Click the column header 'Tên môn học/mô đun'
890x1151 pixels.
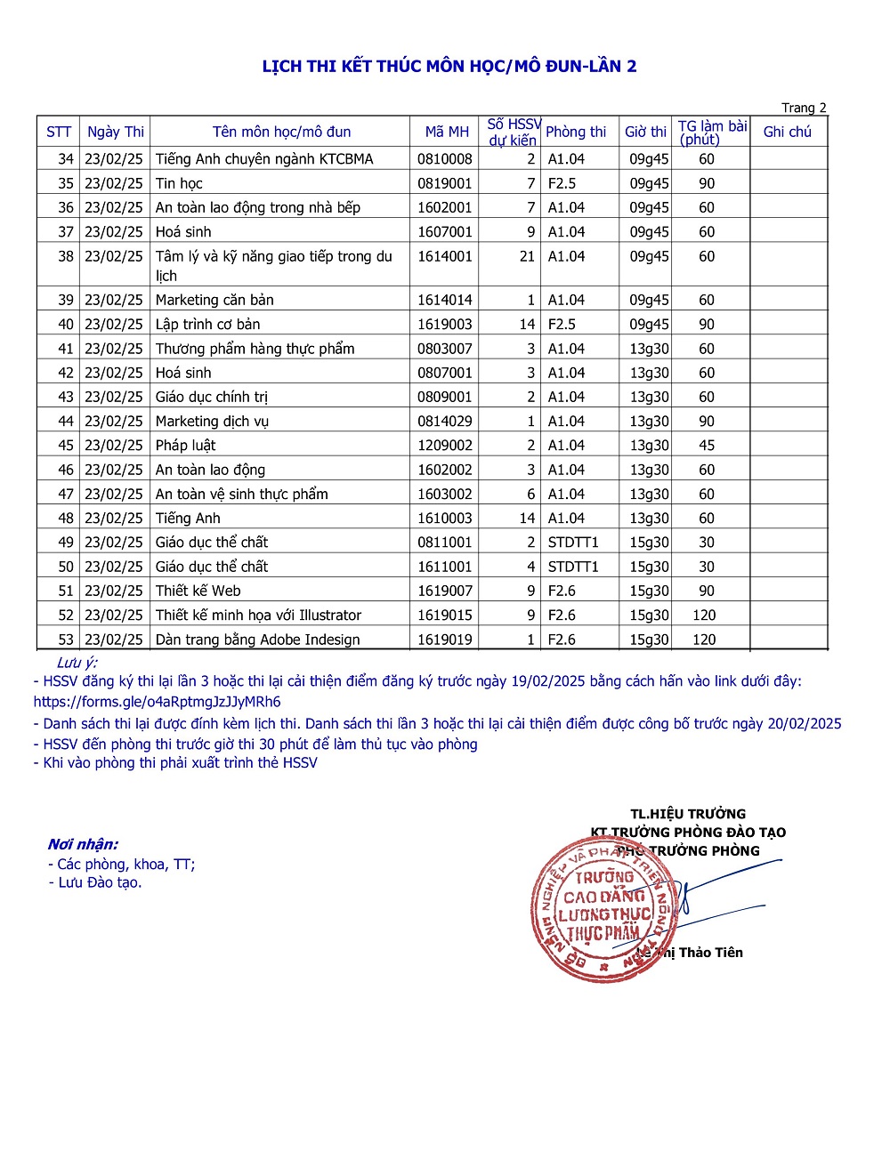pos(281,132)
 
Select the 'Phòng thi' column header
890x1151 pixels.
pos(575,132)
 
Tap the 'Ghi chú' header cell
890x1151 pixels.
pos(787,132)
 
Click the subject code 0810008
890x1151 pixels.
pos(445,159)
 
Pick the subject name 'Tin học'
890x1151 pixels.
pos(179,183)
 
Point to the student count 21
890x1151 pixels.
pos(527,256)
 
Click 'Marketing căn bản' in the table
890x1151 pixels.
pos(214,300)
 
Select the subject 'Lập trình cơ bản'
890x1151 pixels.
pos(207,325)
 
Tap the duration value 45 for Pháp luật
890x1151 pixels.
pos(707,446)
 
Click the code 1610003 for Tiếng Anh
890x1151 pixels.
pos(445,519)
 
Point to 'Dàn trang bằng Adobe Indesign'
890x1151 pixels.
pos(257,640)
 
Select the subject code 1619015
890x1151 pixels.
pos(445,616)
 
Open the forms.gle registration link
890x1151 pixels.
pos(157,701)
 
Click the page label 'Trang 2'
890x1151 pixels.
pos(804,108)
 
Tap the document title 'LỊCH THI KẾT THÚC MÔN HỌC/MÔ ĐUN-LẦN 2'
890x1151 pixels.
pos(449,66)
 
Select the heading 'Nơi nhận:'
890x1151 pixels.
pos(83,844)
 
